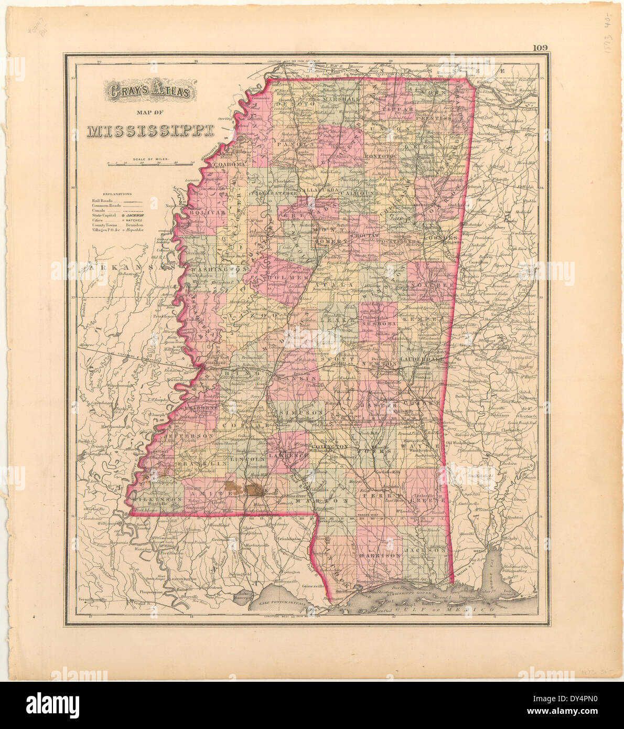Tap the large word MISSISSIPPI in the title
click(x=152, y=131)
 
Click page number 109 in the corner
click(x=540, y=48)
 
